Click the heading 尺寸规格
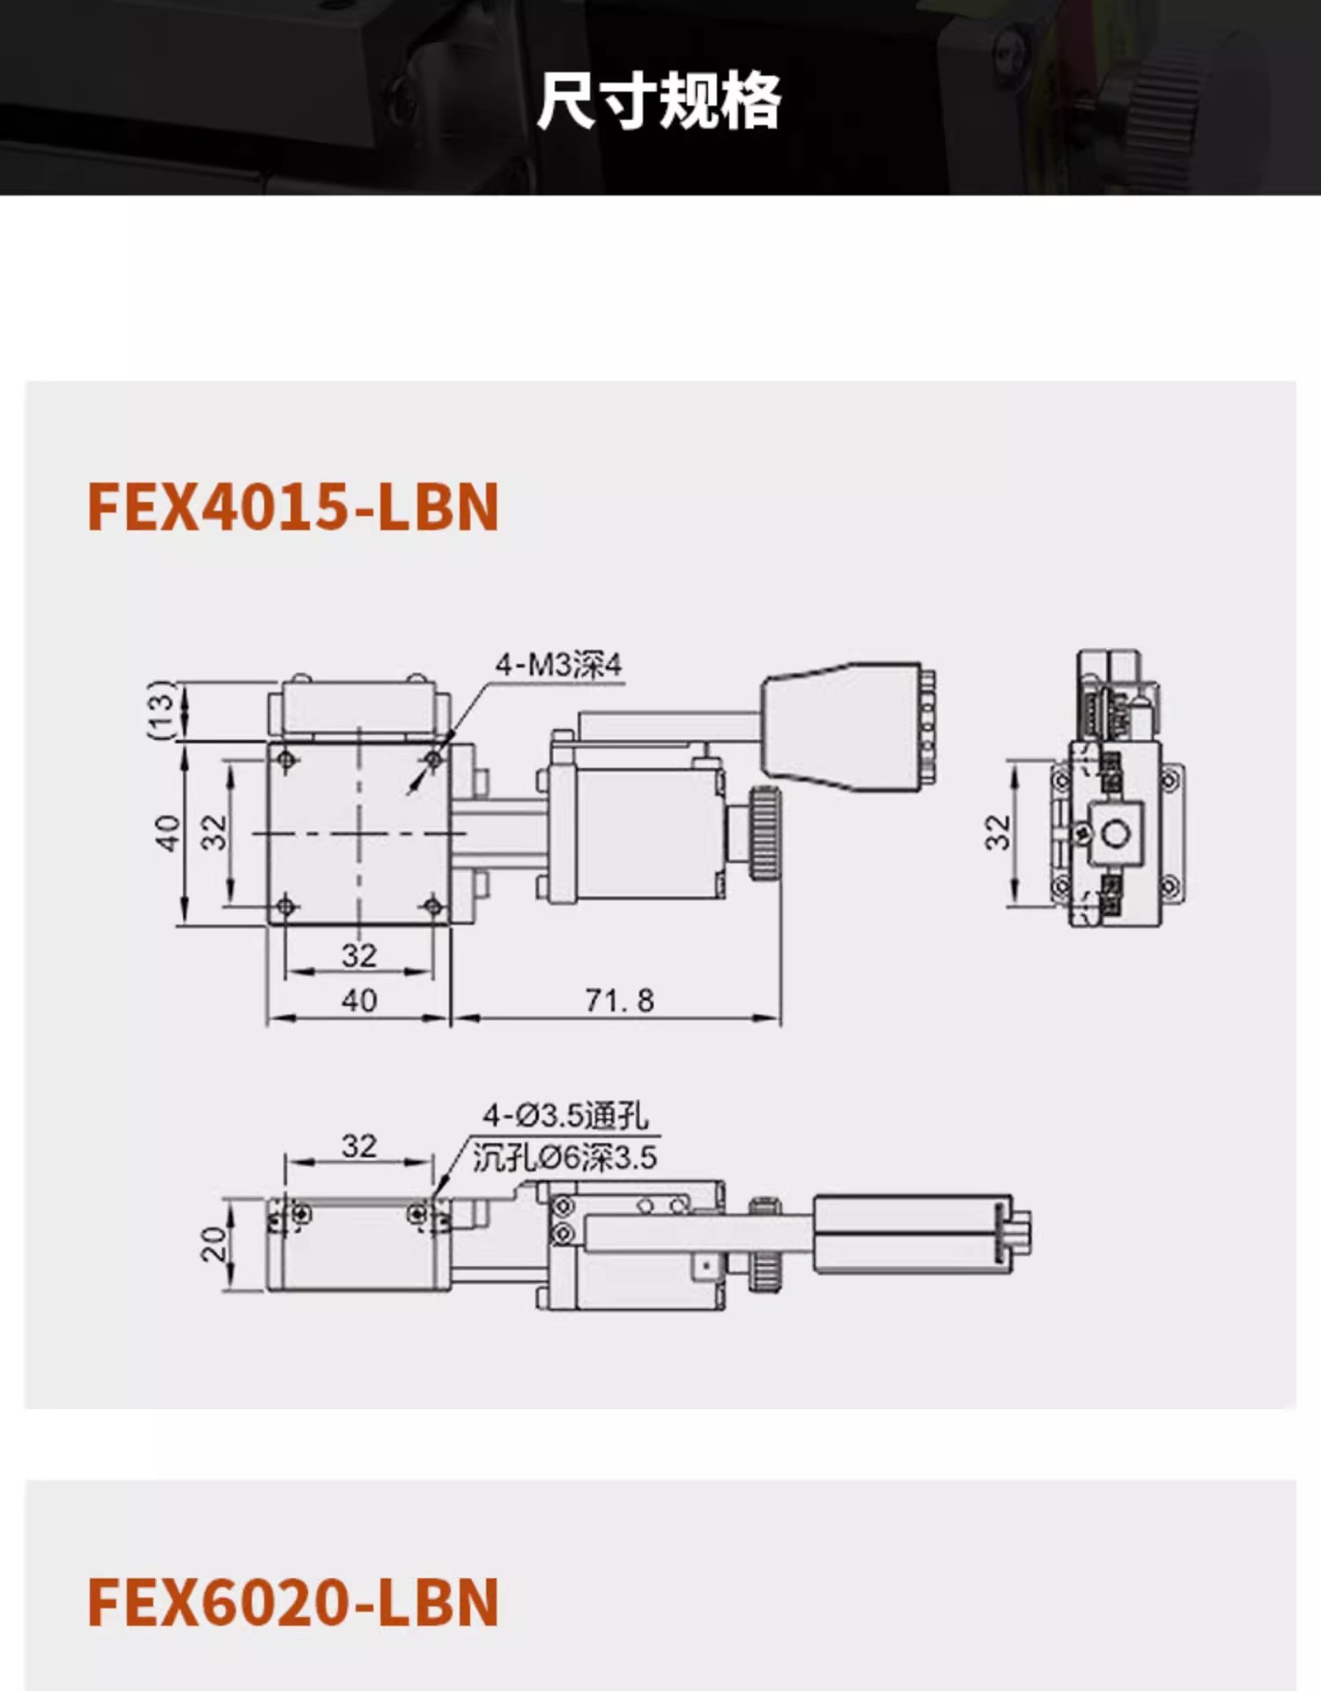pos(659,101)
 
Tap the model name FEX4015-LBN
pos(293,507)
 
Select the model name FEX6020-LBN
pos(293,1603)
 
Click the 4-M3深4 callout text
pos(558,664)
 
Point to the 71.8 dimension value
pos(620,1001)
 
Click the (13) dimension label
pos(161,710)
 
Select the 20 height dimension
pos(214,1245)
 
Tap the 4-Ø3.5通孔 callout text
pos(565,1116)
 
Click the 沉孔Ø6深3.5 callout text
pos(565,1157)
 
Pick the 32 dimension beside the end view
pos(997,832)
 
